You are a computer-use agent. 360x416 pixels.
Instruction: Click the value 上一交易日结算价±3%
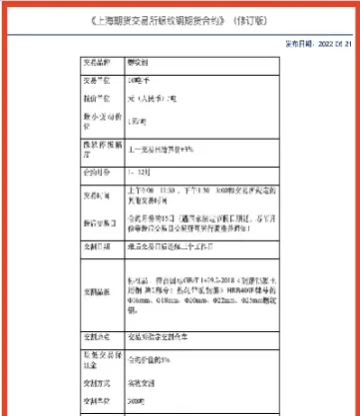coord(166,151)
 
